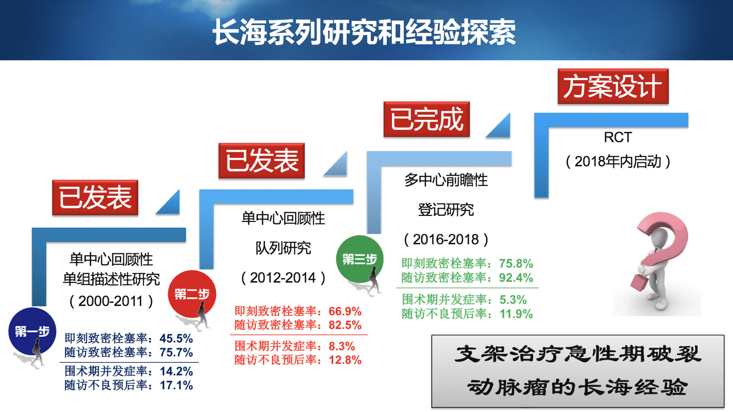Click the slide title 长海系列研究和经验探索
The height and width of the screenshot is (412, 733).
pos(364,32)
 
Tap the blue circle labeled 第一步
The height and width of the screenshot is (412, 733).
pos(32,331)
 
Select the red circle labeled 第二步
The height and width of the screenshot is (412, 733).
pos(192,294)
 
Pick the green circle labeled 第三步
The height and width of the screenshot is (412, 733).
pos(360,259)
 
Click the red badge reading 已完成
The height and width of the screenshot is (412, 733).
pos(426,119)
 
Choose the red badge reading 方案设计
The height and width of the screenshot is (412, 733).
pos(613,86)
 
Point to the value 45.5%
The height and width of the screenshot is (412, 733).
pos(176,338)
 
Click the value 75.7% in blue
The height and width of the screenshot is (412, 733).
pos(176,352)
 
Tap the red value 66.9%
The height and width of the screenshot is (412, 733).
pos(345,311)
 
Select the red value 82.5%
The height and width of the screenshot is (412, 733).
pos(345,325)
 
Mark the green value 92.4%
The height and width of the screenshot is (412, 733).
pos(516,277)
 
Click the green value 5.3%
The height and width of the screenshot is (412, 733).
pos(513,299)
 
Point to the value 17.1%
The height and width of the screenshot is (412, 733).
pos(176,385)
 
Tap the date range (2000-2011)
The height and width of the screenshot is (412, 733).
pos(111,301)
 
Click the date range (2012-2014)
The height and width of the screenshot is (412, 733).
pos(283,277)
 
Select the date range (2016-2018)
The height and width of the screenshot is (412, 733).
pos(446,239)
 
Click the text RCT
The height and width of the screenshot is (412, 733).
pos(618,137)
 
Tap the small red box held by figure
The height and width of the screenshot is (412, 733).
pos(639,282)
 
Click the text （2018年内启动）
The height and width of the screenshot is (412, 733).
pos(618,161)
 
